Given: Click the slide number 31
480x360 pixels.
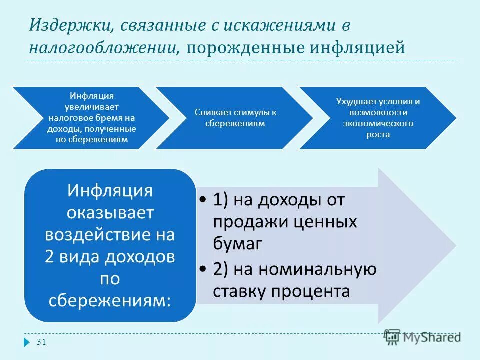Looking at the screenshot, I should pyautogui.click(x=41, y=342).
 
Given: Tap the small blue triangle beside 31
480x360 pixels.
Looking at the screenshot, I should pyautogui.click(x=27, y=342).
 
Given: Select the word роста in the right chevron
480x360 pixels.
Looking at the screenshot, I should pyautogui.click(x=377, y=134).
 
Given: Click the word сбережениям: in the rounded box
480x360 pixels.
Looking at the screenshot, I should pyautogui.click(x=110, y=300).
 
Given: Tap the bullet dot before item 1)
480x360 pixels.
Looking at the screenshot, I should pyautogui.click(x=202, y=200).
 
